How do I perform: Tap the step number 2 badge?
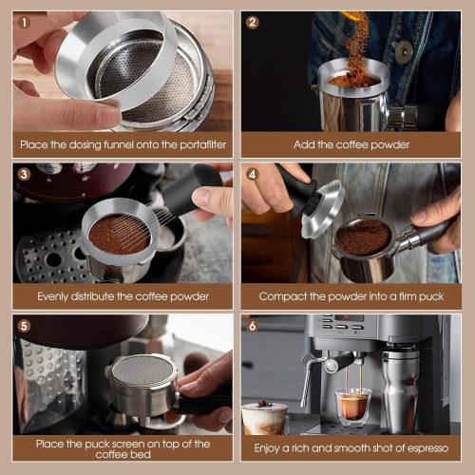pos(252,22)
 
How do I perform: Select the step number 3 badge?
pos(24,174)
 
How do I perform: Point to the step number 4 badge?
pos(252,174)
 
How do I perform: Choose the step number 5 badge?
pos(24,326)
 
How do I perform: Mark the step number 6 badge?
pos(252,326)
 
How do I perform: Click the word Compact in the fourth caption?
pos(284,296)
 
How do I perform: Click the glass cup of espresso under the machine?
pos(352,407)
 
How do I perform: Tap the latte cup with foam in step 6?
pos(264,418)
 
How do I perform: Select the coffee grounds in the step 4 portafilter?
pos(363,237)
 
